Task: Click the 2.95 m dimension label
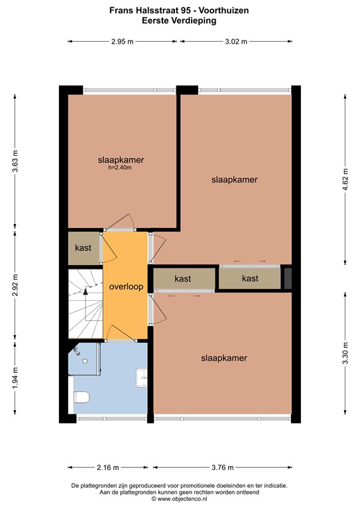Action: (122, 42)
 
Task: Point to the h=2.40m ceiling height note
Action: (121, 168)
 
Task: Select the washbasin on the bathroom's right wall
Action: (141, 377)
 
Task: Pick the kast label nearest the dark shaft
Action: (250, 279)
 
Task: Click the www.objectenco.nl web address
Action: (179, 499)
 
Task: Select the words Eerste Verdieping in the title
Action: (179, 21)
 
